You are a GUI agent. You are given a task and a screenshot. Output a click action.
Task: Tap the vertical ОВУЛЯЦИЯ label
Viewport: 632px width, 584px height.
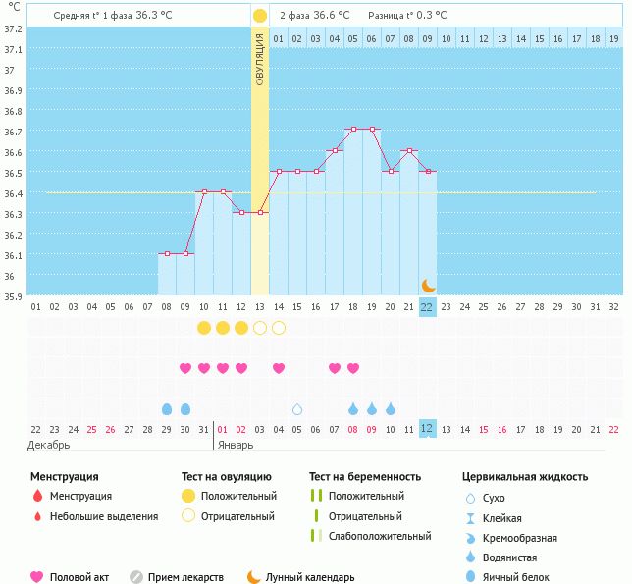pyautogui.click(x=260, y=59)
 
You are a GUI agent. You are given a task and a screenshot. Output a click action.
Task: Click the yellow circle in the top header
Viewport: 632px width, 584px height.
pyautogui.click(x=259, y=16)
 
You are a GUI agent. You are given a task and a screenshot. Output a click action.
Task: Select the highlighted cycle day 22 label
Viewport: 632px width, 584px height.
pyautogui.click(x=427, y=306)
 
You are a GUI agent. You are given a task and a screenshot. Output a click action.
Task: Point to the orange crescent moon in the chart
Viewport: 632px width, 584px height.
pyautogui.click(x=428, y=285)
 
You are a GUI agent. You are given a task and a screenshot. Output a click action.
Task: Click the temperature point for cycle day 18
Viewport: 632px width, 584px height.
pyautogui.click(x=352, y=129)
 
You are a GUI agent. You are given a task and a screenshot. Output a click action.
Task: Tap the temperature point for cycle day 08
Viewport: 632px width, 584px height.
pyautogui.click(x=167, y=254)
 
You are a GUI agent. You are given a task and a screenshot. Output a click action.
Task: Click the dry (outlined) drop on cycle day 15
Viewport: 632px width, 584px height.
pyautogui.click(x=297, y=408)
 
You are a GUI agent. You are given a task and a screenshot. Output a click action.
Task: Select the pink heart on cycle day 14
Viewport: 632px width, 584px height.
pyautogui.click(x=279, y=368)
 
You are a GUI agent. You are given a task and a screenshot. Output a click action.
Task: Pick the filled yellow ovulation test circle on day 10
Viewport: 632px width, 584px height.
pyautogui.click(x=204, y=327)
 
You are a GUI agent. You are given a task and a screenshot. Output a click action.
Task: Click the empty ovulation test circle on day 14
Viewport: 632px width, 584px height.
pyautogui.click(x=279, y=327)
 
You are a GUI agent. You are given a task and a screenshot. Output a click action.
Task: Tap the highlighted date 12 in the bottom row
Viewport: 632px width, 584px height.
pyautogui.click(x=427, y=429)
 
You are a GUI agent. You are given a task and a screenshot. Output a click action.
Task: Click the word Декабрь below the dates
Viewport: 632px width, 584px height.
pyautogui.click(x=49, y=445)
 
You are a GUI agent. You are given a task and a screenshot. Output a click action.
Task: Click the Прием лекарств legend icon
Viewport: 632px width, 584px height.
pyautogui.click(x=137, y=577)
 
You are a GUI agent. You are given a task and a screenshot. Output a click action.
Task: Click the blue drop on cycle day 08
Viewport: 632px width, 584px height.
pyautogui.click(x=167, y=408)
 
